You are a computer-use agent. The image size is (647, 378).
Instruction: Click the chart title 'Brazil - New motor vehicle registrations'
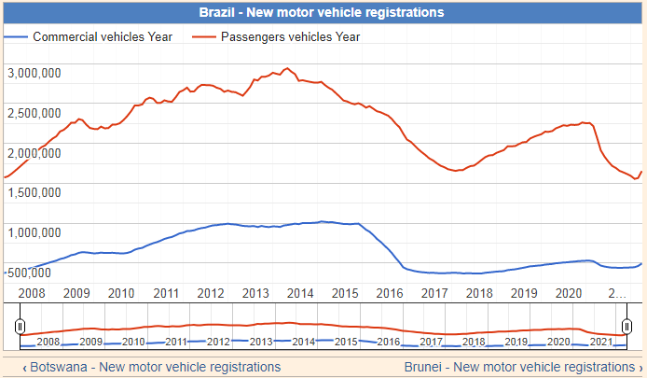coord(322,12)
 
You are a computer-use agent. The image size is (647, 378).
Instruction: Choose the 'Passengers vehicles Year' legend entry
coord(290,37)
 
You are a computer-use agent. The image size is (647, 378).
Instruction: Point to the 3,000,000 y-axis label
coord(34,73)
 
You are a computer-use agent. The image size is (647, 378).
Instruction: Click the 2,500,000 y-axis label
coord(34,113)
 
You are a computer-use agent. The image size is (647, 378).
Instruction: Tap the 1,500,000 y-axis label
coord(34,192)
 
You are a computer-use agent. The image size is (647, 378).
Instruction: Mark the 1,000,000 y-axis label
coord(34,232)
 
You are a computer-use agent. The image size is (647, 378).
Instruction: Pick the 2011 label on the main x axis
coord(166,293)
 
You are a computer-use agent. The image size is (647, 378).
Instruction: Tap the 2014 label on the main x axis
coord(300,293)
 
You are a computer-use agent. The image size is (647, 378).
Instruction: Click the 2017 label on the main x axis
coord(435,293)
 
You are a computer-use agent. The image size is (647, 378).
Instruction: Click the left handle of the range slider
coord(20,326)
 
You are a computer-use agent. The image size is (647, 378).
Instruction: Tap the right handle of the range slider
coord(627,326)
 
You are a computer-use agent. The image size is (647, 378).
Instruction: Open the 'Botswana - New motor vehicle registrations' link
coord(151,367)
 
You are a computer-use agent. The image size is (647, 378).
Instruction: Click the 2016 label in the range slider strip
coord(389,342)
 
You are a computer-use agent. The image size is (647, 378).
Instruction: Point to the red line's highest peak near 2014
coord(286,68)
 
